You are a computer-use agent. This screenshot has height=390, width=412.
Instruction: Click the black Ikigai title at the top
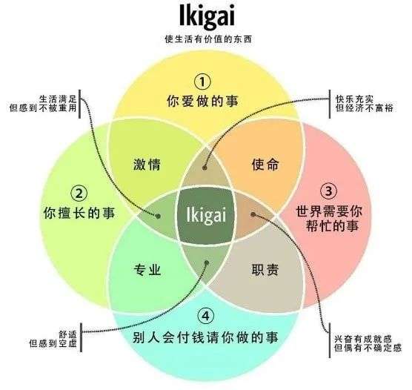click(x=207, y=16)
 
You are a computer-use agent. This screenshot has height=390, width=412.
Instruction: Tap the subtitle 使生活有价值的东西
click(x=208, y=39)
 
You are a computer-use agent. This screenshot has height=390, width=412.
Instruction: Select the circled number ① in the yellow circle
click(x=202, y=82)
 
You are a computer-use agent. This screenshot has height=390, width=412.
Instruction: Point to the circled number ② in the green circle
click(x=79, y=194)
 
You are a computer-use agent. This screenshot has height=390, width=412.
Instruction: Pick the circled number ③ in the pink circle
click(x=329, y=191)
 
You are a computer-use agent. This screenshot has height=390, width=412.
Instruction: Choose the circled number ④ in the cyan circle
click(x=206, y=316)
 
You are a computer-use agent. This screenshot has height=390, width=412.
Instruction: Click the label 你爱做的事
click(x=202, y=102)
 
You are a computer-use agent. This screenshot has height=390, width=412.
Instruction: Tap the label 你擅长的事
click(x=79, y=213)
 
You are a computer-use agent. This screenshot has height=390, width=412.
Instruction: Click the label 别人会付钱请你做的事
click(x=205, y=337)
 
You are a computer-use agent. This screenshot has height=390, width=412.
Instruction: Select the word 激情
click(x=147, y=165)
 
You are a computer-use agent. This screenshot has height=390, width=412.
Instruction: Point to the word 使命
click(x=265, y=165)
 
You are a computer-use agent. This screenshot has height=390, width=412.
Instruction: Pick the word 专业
click(x=147, y=270)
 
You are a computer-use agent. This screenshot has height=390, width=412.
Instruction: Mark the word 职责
click(x=265, y=270)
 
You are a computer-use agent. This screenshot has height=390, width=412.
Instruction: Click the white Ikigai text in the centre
click(x=206, y=215)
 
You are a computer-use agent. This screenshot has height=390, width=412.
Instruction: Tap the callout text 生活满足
click(x=58, y=99)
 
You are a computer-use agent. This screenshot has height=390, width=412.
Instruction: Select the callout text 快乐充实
click(x=354, y=99)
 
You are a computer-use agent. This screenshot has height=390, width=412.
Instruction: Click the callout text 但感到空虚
click(x=53, y=343)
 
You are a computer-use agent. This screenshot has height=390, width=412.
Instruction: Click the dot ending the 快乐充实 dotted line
click(x=205, y=168)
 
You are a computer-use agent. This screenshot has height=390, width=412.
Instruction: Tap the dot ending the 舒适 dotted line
click(x=207, y=262)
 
